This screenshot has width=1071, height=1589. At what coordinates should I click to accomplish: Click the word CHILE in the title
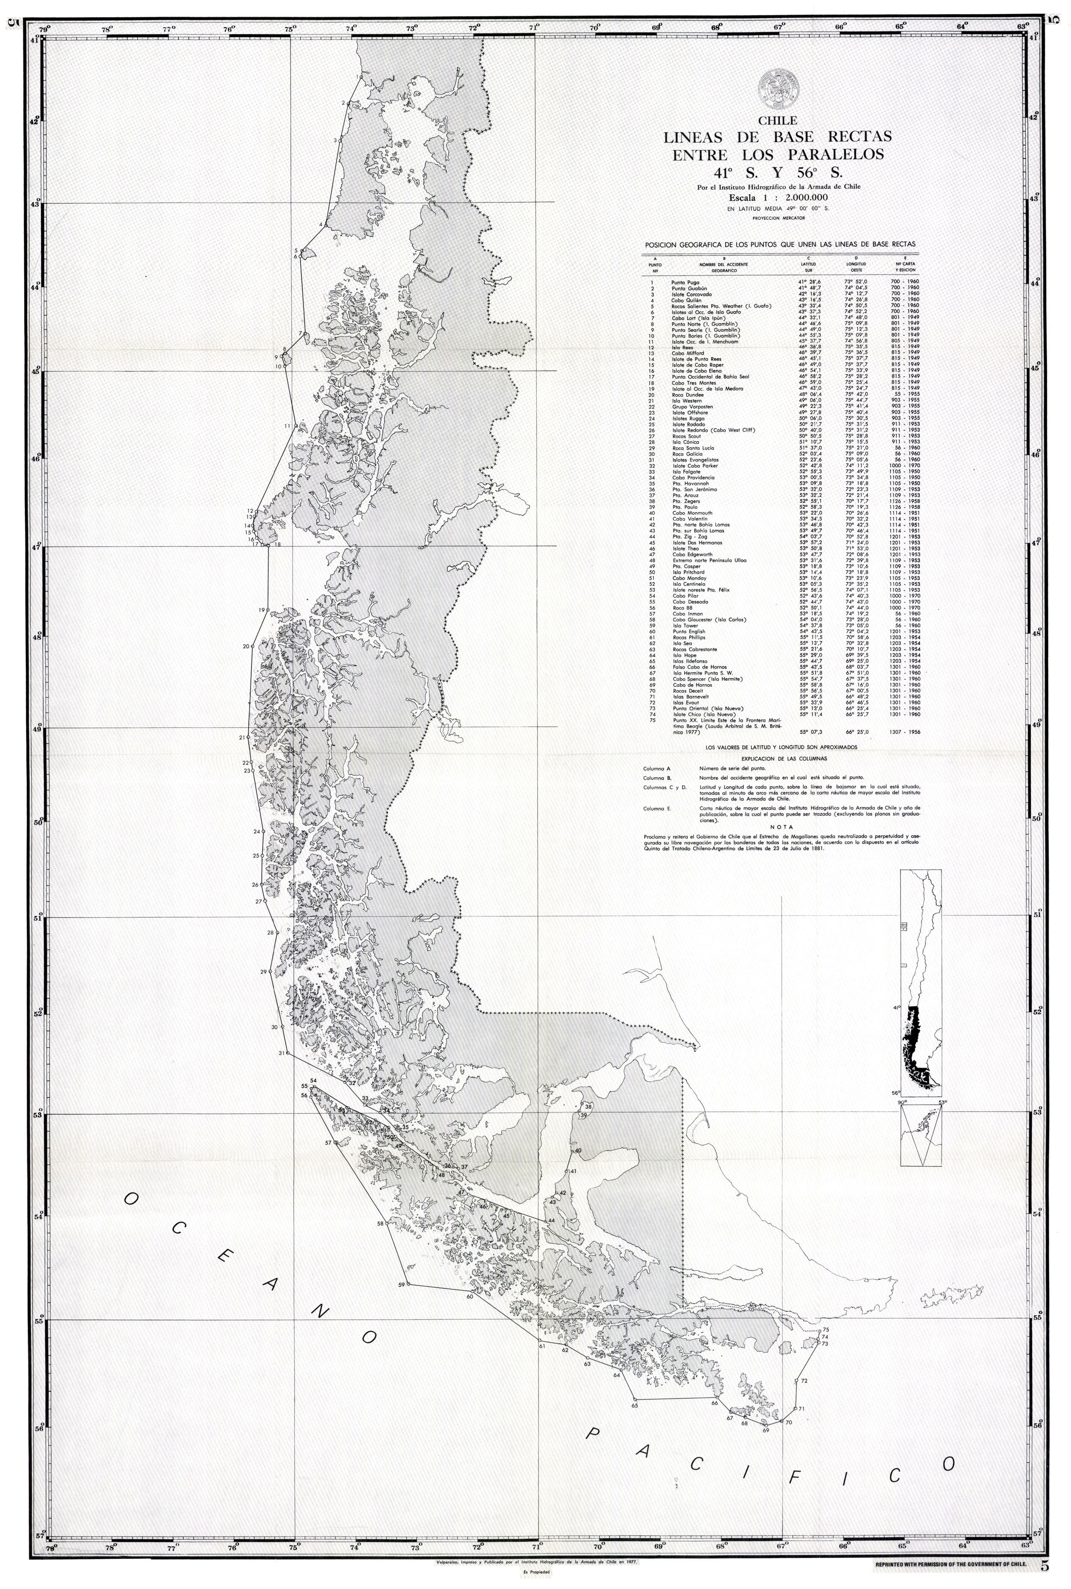point(777,121)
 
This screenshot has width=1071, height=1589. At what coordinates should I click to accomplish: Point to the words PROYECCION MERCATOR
point(778,218)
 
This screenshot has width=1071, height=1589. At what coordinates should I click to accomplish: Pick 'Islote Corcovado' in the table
point(691,294)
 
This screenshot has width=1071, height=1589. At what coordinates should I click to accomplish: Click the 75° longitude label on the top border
point(290,29)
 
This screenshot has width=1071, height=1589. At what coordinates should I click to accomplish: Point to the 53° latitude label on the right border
point(1038,1113)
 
